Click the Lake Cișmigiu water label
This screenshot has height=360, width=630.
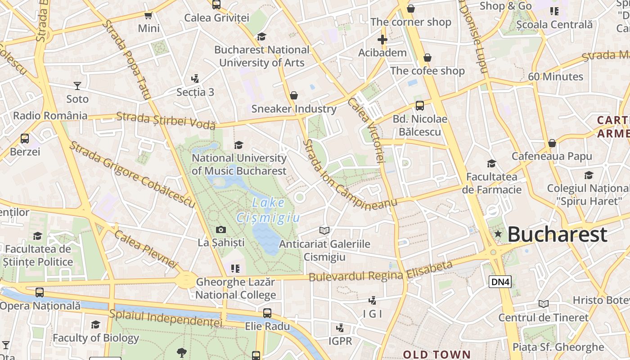pos(268,210)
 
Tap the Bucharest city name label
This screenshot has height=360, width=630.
pos(558,234)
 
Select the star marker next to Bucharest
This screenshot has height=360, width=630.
pos(498,234)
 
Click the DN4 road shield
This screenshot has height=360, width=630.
pos(500,282)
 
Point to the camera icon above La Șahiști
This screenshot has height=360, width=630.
pos(221,230)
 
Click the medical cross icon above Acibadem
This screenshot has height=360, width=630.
pos(382,40)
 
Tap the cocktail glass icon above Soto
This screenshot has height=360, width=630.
pos(77,85)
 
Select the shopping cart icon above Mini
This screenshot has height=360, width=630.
pos(148,16)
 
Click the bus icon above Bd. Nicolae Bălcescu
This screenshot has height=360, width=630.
pos(419,106)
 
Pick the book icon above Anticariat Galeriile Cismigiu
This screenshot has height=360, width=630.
pos(324,231)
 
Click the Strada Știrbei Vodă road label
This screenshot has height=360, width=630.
pos(166,120)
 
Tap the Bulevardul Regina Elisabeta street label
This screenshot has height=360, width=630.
pos(380,272)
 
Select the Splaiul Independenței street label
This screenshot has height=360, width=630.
pos(166,318)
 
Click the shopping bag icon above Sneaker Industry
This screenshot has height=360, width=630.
pos(293,95)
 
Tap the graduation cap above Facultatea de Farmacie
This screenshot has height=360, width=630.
pos(491,164)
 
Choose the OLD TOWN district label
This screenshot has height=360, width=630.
pos(436,355)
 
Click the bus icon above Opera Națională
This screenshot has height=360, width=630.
pos(40,292)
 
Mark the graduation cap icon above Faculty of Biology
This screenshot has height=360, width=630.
pos(95,325)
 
